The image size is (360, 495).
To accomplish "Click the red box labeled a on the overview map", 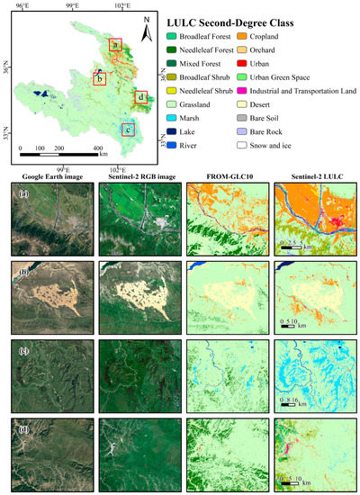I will point(115,43).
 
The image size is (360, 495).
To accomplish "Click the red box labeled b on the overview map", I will point(100,78).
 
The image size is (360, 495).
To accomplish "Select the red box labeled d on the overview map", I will point(141,96).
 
